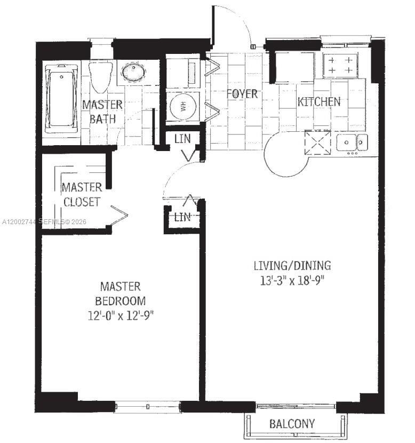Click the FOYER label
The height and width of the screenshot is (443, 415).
(242, 94)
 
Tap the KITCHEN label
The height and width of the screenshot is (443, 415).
(319, 102)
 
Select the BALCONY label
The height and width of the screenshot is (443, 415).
(292, 424)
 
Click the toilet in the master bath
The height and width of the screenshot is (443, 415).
(100, 77)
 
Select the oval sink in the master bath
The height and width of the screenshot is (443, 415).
(134, 73)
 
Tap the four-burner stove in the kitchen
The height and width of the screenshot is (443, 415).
(340, 65)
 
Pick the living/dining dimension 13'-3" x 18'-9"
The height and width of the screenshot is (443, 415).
(292, 281)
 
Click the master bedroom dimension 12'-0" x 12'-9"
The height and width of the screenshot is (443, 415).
(121, 315)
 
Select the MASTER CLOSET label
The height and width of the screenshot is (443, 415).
(82, 194)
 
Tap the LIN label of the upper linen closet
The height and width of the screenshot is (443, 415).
(182, 139)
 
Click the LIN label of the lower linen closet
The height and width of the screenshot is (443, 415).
(182, 217)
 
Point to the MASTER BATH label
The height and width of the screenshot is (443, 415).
(102, 112)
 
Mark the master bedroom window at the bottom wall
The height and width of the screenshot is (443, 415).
(148, 407)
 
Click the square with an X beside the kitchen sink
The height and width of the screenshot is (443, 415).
(317, 142)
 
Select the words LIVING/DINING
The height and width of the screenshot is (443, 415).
(292, 266)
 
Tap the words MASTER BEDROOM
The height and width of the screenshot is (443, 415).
(121, 294)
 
